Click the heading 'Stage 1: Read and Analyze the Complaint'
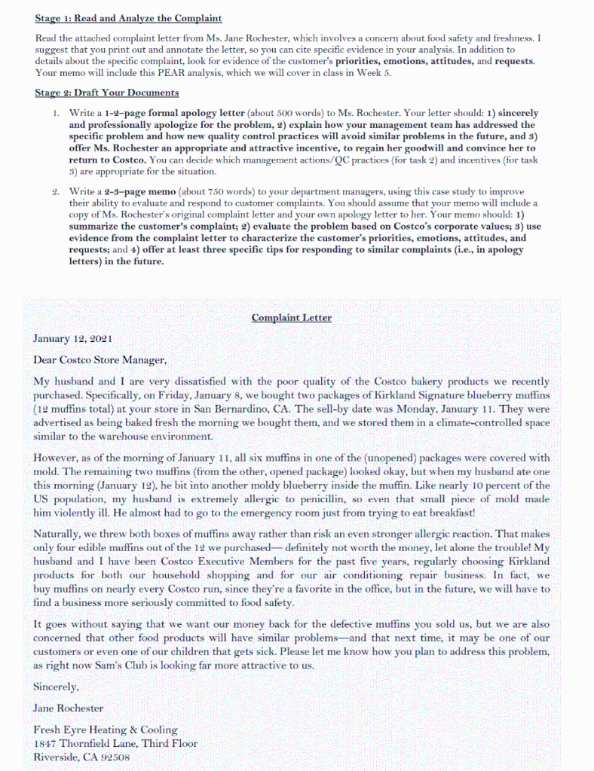[128, 18]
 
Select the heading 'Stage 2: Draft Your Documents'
[106, 93]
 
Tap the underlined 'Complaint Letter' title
[291, 318]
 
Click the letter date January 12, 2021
[72, 339]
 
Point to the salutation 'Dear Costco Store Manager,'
[100, 360]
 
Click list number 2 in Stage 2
[57, 192]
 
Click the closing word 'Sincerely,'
[56, 687]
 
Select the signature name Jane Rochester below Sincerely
[69, 708]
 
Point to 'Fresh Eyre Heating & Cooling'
[106, 730]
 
